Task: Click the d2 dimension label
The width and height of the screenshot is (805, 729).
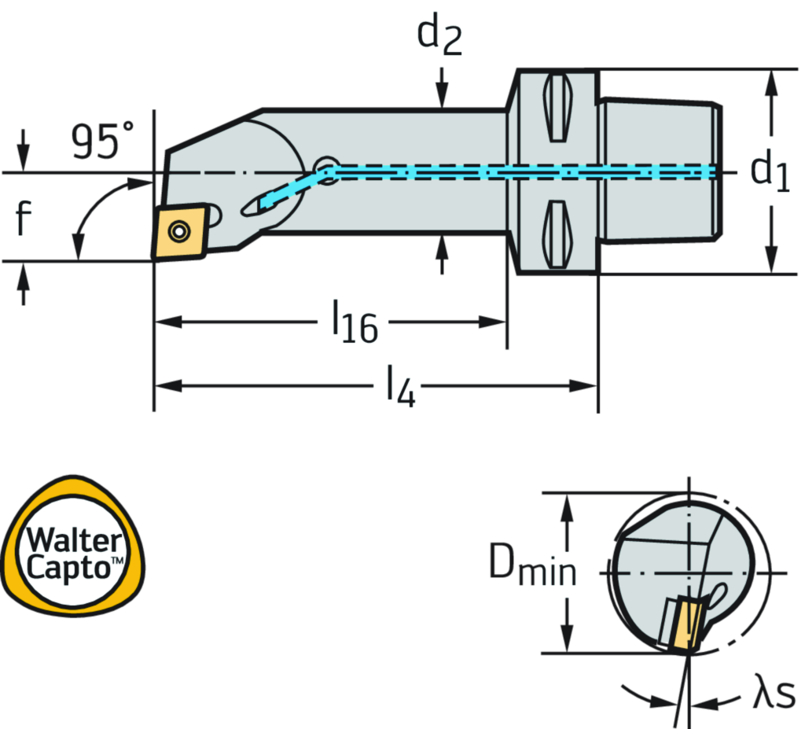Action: (440, 36)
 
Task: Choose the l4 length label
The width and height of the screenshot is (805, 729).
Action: (397, 385)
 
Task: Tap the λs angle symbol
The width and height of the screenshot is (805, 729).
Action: (773, 694)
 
